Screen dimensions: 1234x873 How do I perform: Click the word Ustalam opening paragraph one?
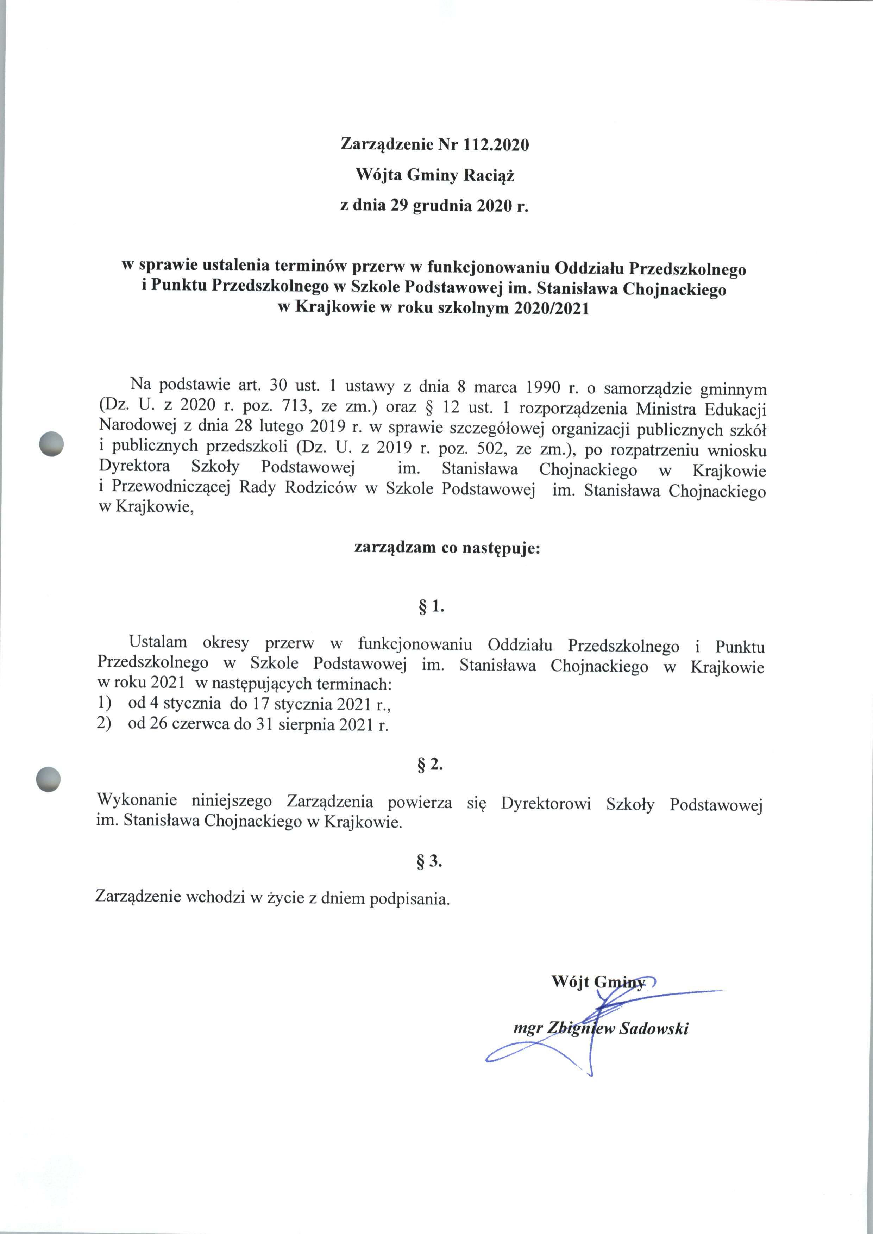click(x=158, y=642)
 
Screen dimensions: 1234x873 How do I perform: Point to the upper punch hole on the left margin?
click(x=52, y=444)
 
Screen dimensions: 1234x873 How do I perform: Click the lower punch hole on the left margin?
click(x=48, y=778)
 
